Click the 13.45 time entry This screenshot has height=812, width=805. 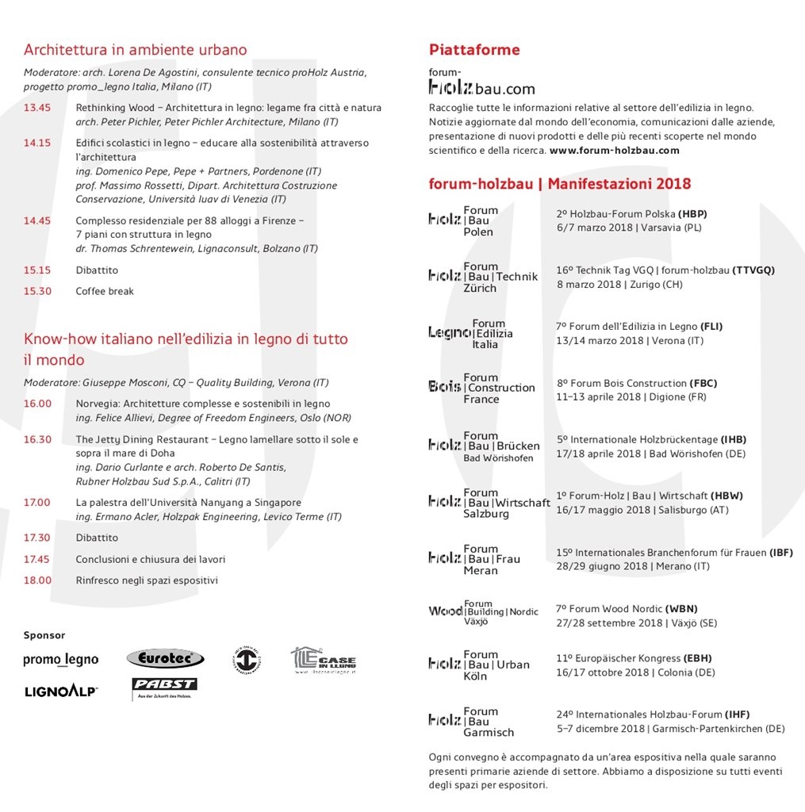(36, 108)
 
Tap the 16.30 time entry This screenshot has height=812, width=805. (37, 439)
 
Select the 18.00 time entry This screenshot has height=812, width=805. (37, 580)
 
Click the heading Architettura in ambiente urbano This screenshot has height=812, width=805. (135, 50)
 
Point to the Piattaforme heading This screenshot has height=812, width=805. (474, 50)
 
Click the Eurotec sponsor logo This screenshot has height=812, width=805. (165, 658)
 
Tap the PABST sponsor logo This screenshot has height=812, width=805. (164, 688)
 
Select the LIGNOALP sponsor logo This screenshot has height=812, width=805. (61, 691)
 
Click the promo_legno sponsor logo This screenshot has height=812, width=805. (61, 660)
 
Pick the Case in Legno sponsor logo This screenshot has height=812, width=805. (323, 660)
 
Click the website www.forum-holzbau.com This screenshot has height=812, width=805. (614, 150)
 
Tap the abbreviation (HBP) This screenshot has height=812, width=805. (692, 214)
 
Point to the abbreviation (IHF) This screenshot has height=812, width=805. (737, 714)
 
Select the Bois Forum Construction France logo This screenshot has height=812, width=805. (481, 389)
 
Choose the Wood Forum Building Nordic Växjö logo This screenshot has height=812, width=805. (483, 612)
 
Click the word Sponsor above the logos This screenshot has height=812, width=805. (44, 635)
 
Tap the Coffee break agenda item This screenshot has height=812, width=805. (105, 291)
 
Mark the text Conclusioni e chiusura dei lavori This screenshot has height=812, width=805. (150, 559)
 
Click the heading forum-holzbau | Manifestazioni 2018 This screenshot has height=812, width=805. (559, 184)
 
